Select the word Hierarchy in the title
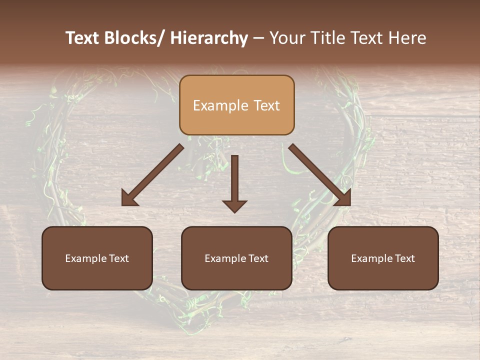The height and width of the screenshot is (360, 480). click(x=209, y=38)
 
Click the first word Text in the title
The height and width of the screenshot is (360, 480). click(x=83, y=38)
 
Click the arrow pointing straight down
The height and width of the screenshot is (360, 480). click(x=234, y=180)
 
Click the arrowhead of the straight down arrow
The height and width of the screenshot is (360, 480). click(x=234, y=205)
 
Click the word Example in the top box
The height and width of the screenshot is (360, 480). click(x=215, y=105)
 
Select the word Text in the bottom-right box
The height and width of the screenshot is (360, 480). click(x=404, y=258)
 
